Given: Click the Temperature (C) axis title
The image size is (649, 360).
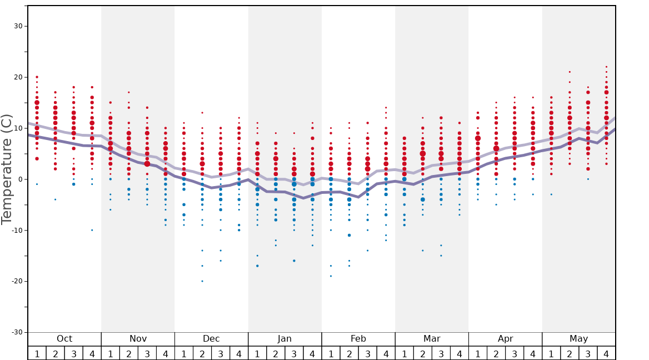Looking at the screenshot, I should point(7,169).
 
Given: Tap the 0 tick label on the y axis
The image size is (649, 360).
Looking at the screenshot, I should point(19,179).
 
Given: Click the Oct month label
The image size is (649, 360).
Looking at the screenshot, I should point(64,339).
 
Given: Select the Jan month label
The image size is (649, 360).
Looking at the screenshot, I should point(284,339).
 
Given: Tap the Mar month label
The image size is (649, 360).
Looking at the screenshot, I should point(432,339).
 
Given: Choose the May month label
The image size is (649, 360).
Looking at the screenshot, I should point(578,339).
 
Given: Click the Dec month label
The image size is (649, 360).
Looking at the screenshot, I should point(211,339).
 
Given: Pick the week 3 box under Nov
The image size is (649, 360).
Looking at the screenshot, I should point(147,353).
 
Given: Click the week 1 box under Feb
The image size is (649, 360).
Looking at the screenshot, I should point(331,353).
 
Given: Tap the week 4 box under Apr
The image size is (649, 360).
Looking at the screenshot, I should point(533,353).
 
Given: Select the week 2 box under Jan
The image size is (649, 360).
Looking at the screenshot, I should point(276,353).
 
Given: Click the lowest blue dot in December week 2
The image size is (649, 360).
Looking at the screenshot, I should point(202,281).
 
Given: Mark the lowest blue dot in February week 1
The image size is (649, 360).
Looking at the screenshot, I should point(331,276).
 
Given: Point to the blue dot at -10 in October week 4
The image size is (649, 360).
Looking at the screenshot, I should point(92,230).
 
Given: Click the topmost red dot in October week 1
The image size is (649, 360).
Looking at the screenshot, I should point(37,77).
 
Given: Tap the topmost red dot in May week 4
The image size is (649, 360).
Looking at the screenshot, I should point(606,67).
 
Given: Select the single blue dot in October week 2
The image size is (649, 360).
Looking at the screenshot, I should point(55,199).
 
